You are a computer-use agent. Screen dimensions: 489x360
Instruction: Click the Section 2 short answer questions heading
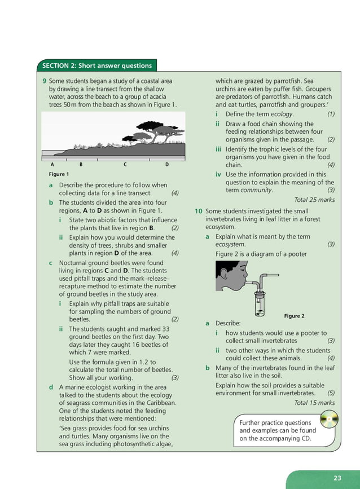click(98, 65)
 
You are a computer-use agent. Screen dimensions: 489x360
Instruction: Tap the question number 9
click(45, 81)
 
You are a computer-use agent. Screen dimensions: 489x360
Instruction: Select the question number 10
click(198, 211)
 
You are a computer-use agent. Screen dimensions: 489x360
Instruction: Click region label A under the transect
click(52, 164)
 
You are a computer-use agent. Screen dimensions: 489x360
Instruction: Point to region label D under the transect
click(167, 164)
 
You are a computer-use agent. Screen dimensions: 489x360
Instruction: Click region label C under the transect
click(125, 164)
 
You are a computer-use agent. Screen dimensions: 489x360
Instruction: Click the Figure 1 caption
click(59, 174)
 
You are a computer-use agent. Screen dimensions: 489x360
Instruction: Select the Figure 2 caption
click(294, 316)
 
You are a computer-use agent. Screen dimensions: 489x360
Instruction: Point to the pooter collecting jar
click(259, 304)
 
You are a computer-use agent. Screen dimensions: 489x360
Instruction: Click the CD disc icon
click(328, 421)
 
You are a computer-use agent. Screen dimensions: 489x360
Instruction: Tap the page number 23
click(337, 478)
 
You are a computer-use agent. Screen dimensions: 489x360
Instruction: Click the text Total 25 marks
click(314, 200)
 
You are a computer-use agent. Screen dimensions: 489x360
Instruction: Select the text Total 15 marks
click(314, 403)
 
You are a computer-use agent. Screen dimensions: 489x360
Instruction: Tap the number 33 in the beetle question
click(165, 329)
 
